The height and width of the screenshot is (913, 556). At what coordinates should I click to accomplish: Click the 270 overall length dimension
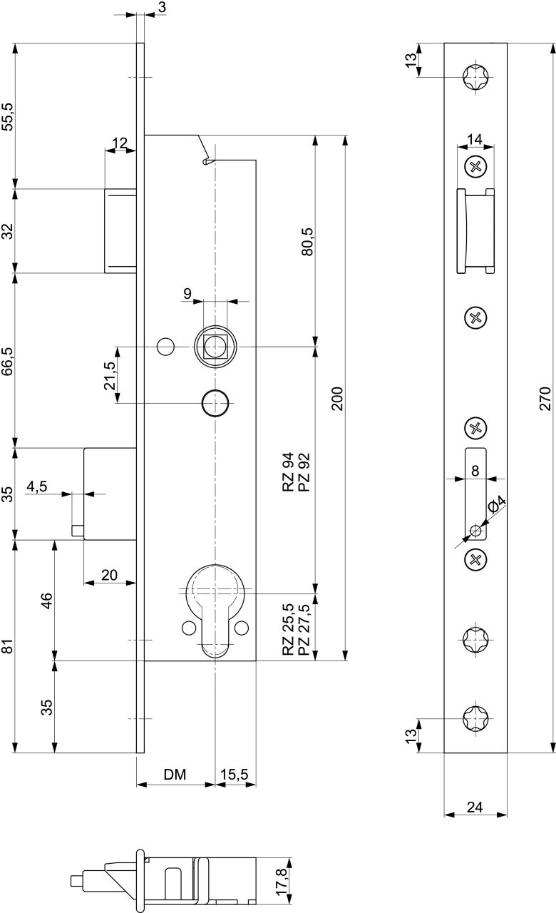(545, 399)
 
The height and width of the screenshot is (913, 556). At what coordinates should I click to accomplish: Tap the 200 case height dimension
(337, 399)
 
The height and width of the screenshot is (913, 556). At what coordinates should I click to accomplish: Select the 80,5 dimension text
(307, 242)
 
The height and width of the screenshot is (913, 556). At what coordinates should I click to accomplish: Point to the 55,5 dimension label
(7, 116)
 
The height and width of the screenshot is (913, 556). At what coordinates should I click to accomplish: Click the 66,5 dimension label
(7, 361)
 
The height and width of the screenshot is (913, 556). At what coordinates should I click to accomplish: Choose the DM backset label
(175, 774)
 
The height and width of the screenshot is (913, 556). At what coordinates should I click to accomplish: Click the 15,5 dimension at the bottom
(235, 775)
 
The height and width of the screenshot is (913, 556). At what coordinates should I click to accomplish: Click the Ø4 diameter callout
(497, 504)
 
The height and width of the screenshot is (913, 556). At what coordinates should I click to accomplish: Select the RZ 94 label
(288, 471)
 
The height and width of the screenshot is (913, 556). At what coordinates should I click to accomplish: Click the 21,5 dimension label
(110, 375)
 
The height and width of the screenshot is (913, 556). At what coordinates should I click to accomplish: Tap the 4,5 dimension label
(37, 486)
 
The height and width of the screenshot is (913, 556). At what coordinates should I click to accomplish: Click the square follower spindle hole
(215, 347)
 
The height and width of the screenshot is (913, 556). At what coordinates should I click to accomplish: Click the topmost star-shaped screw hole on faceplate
(475, 76)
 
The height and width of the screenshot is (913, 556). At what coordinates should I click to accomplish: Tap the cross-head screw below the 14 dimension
(475, 166)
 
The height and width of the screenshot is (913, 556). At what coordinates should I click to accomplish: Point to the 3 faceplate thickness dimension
(161, 7)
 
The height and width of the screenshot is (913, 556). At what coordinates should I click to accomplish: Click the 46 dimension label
(47, 601)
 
